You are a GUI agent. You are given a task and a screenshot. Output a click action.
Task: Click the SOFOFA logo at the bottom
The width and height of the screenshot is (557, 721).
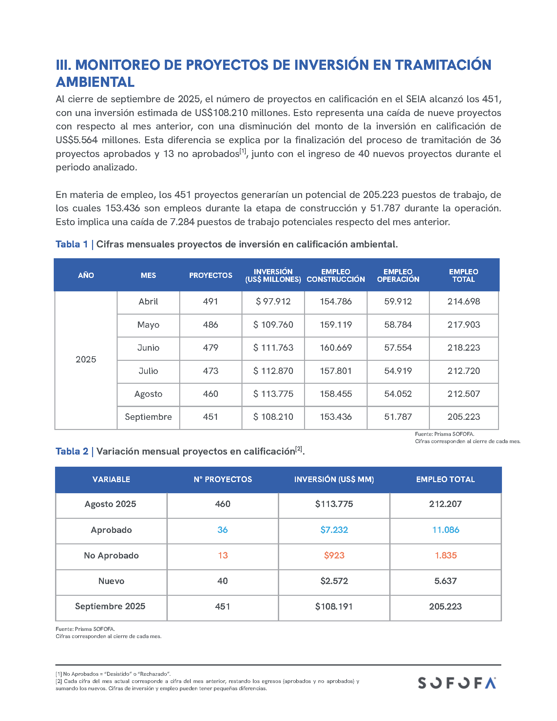tap(457, 683)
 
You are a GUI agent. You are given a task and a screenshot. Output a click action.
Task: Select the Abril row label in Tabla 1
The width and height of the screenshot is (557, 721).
tap(148, 302)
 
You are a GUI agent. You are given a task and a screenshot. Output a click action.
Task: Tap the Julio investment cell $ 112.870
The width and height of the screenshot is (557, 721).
tap(273, 371)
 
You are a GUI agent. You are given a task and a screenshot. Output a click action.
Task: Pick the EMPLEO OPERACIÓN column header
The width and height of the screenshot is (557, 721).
tap(398, 275)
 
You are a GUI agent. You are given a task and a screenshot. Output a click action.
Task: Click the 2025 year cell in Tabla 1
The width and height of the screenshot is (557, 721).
tap(86, 359)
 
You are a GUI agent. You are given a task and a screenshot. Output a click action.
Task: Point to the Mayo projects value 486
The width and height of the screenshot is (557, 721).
tap(211, 324)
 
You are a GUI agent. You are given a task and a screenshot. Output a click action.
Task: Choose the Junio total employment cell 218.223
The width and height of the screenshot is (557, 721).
tap(464, 348)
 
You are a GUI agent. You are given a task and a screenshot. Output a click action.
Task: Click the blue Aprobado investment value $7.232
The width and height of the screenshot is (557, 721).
tap(334, 530)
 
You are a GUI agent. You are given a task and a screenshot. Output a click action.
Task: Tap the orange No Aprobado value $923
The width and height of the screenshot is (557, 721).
tap(334, 555)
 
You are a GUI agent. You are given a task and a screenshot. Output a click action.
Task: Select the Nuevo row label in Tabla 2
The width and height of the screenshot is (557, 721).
tap(111, 581)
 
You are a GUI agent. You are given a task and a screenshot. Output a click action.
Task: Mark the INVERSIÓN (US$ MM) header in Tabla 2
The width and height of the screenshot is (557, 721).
tap(334, 479)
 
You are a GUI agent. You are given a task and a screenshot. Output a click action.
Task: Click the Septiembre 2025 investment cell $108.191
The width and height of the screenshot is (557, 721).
tap(334, 606)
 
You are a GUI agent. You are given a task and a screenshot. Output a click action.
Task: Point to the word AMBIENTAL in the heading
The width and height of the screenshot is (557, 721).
tap(95, 82)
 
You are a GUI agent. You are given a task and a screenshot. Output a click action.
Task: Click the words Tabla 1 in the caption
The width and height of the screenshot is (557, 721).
tap(72, 244)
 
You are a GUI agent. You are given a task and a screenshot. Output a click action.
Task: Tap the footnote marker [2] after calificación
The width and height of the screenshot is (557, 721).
tap(298, 449)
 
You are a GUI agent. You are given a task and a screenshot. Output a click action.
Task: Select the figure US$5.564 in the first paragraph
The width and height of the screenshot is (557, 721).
tap(77, 140)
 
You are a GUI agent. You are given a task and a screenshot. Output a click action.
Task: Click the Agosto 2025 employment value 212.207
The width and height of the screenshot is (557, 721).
tap(445, 504)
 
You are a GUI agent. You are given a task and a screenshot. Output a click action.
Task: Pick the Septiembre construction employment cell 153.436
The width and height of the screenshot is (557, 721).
tap(336, 417)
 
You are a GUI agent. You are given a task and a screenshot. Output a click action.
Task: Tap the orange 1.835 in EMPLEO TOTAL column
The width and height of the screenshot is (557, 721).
tap(446, 555)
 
